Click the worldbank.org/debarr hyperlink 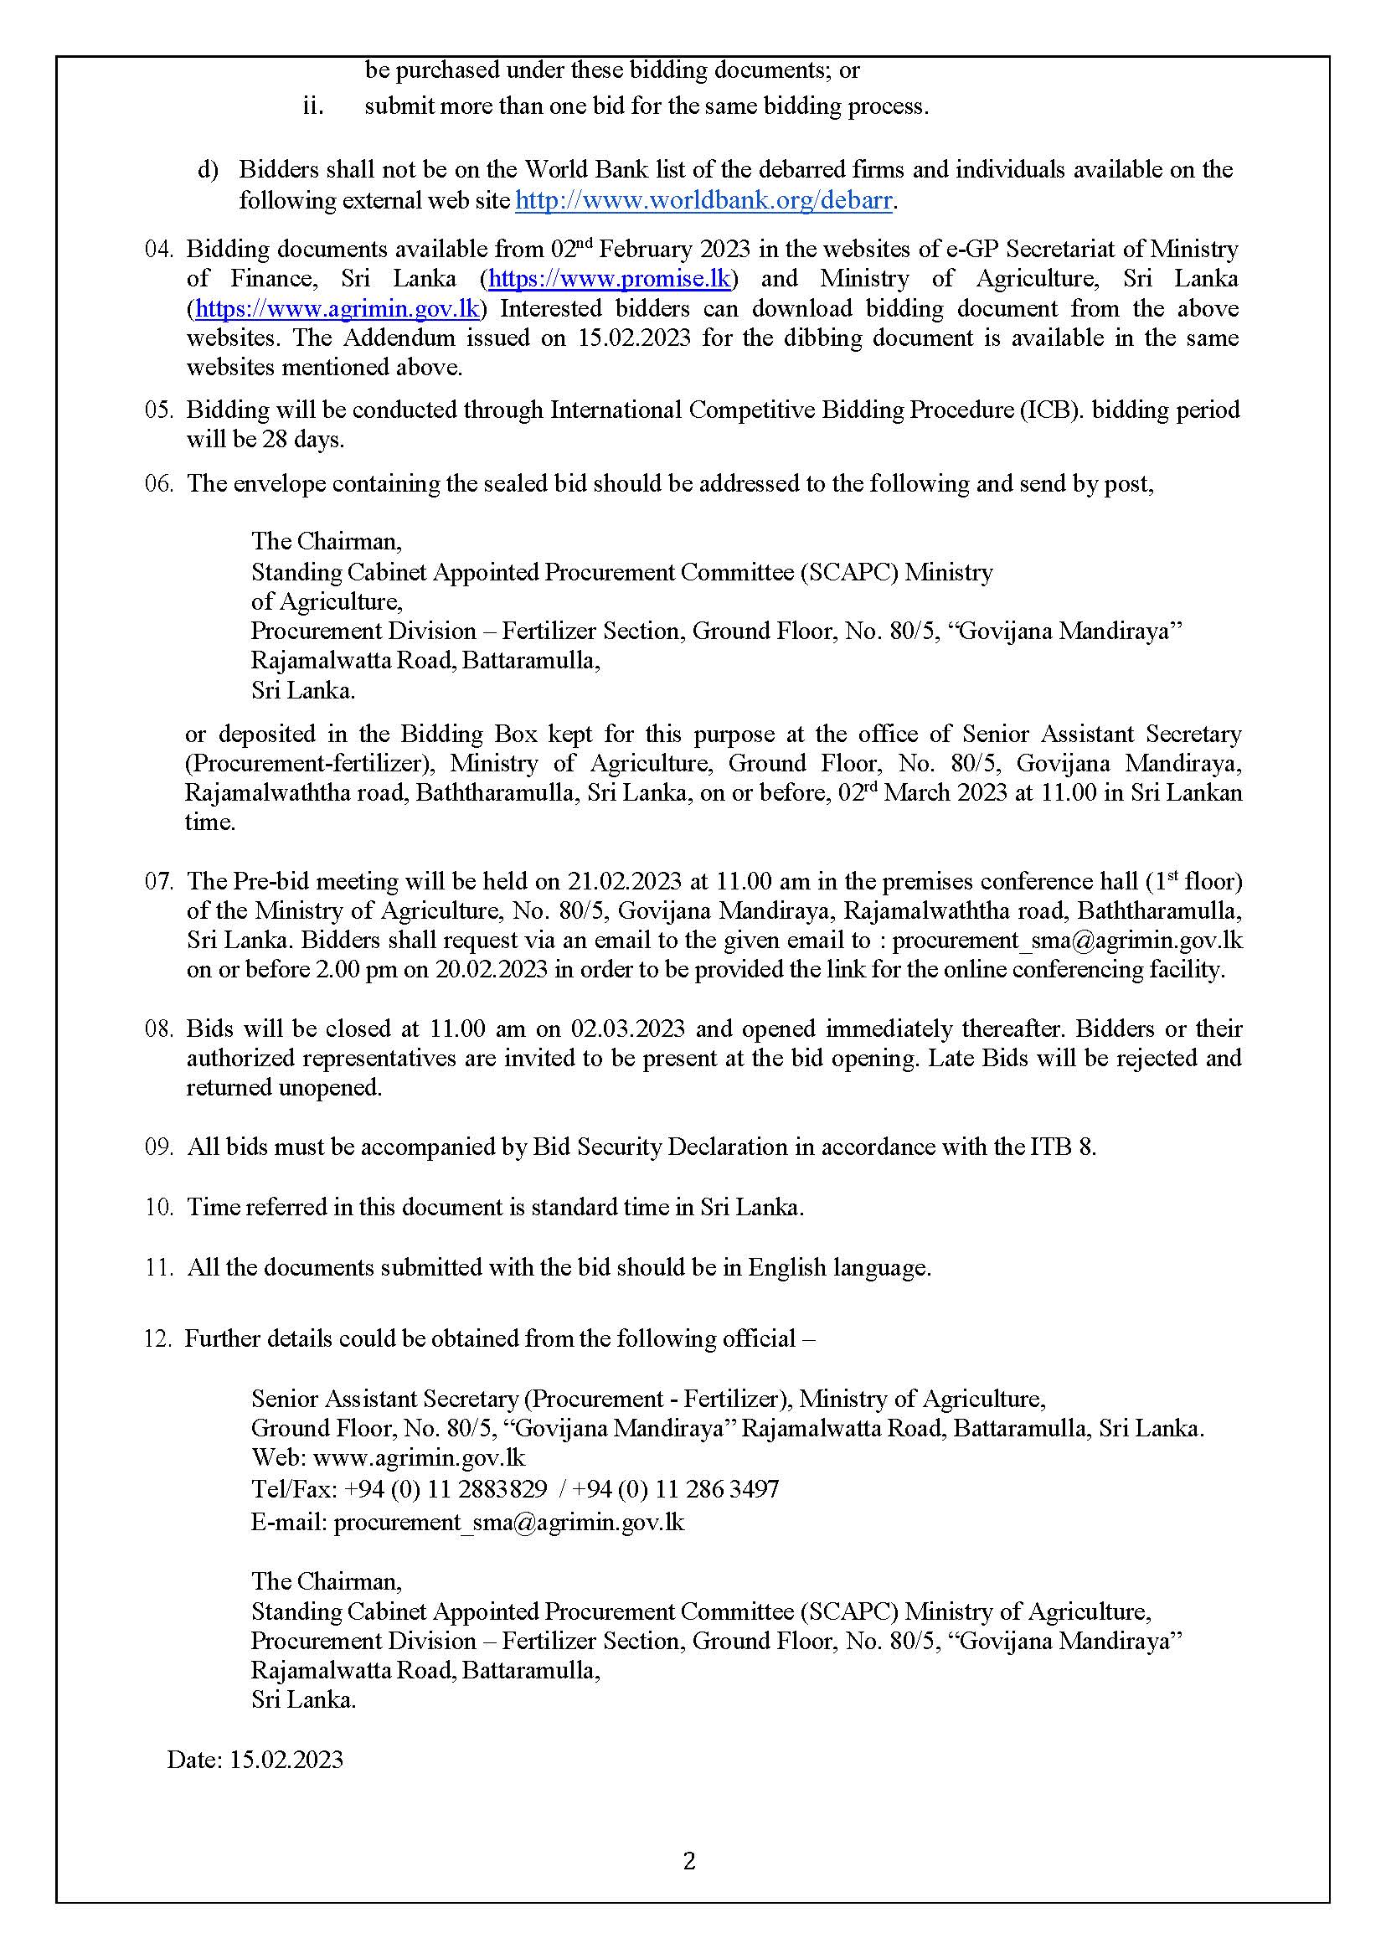click(x=704, y=201)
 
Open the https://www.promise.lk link click(x=610, y=279)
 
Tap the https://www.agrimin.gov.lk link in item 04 click(x=337, y=309)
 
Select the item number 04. click(x=159, y=250)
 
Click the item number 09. click(x=159, y=1147)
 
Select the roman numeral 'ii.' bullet click(x=313, y=106)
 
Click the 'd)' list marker click(x=209, y=170)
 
